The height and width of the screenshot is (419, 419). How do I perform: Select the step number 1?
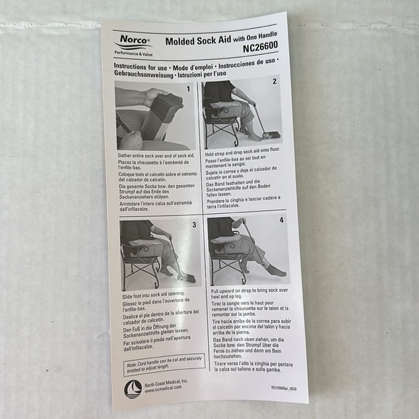coord(189,89)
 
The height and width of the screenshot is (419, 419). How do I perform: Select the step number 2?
coord(275,81)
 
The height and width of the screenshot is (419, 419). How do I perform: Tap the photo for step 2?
coord(242,113)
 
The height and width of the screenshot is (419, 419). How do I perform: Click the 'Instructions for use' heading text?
coord(144,66)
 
